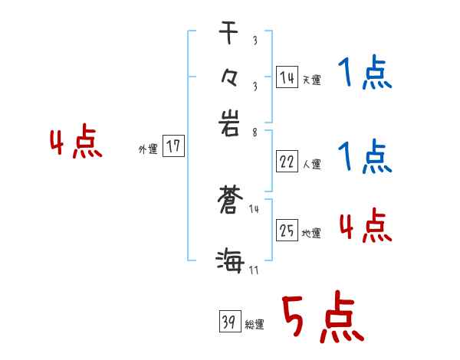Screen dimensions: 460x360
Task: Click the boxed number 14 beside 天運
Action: click(287, 77)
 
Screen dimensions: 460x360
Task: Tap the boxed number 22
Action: click(287, 162)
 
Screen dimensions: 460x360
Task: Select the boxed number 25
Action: click(287, 231)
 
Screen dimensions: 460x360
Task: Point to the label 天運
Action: click(311, 80)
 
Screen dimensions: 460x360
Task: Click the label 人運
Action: click(311, 164)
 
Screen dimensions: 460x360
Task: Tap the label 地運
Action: click(311, 233)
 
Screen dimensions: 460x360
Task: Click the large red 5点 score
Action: click(322, 318)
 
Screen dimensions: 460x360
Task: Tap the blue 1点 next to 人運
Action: click(364, 157)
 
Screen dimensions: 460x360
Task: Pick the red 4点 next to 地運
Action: click(366, 226)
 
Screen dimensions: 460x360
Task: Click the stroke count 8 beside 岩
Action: click(254, 131)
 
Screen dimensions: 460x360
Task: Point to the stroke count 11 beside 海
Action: click(254, 270)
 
